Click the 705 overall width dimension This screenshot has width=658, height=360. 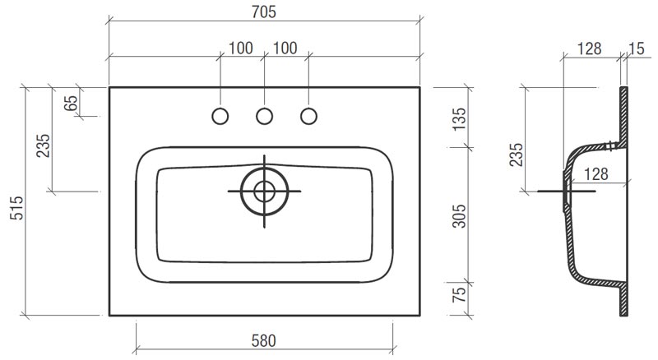click(264, 12)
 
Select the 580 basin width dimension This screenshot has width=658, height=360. click(264, 341)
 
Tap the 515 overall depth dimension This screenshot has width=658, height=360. click(17, 208)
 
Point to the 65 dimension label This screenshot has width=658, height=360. click(71, 103)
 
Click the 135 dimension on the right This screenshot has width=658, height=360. click(460, 119)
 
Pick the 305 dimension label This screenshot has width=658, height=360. click(460, 216)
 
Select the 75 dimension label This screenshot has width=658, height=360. click(460, 294)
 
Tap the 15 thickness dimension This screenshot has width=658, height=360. click(637, 48)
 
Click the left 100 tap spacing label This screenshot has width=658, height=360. click(241, 48)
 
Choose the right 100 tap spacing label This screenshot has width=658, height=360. click(285, 48)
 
